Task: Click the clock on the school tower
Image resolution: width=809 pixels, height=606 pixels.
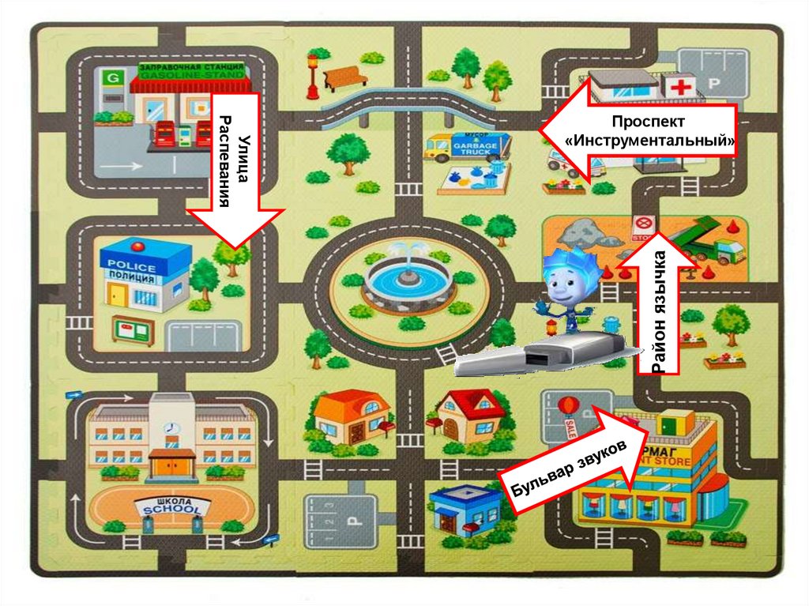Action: click(170, 427)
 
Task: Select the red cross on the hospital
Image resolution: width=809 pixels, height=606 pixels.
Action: click(679, 86)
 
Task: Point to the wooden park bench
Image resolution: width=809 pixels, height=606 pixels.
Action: click(345, 77)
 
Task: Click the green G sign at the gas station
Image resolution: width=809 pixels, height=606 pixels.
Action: click(114, 77)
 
